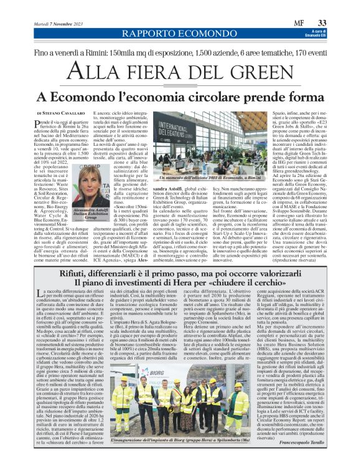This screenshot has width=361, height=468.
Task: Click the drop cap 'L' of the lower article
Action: point(41,294)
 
